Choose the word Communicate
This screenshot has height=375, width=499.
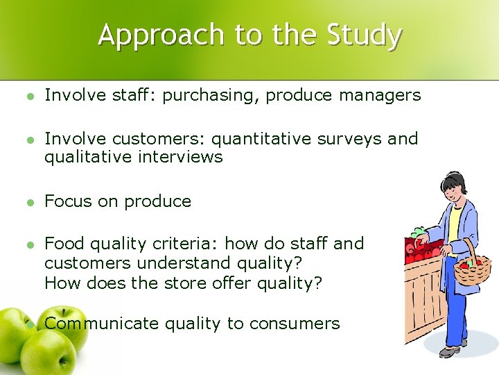(x=101, y=324)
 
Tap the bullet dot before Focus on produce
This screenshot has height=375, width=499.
(x=28, y=202)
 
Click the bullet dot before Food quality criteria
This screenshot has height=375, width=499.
(x=28, y=244)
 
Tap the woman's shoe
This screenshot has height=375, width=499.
(x=450, y=353)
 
